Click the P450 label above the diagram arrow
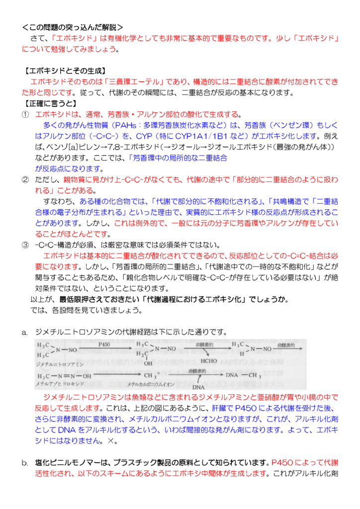pos(104,343)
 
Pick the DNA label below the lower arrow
pos(199,387)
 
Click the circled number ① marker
pos(25,114)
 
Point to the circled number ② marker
pos(25,179)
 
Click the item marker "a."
pos(25,332)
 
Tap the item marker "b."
pos(25,462)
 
